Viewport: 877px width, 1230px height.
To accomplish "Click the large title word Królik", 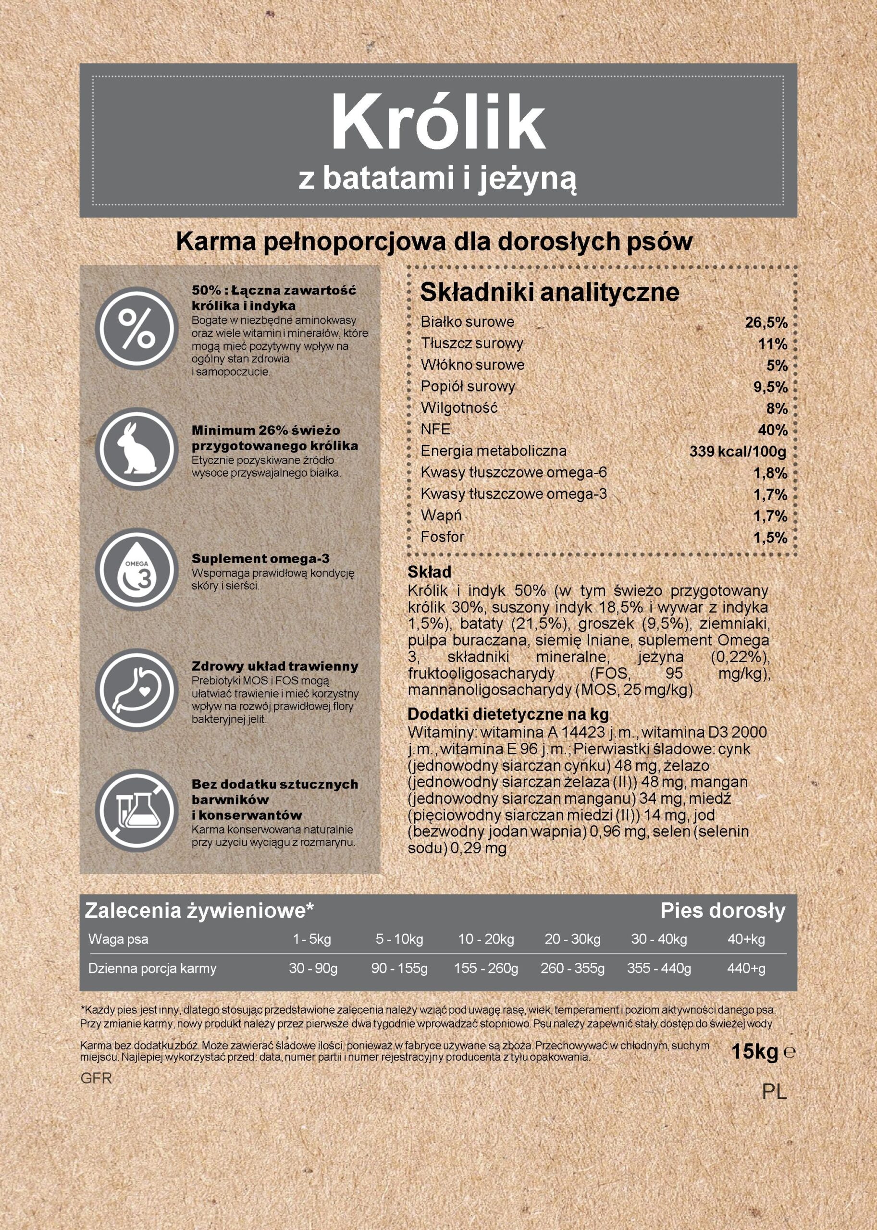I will (x=438, y=123).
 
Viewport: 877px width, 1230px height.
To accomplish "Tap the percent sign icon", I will (x=136, y=328).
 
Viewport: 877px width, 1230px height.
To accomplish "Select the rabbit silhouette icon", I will (x=136, y=449).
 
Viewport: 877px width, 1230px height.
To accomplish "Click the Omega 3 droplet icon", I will (x=136, y=570).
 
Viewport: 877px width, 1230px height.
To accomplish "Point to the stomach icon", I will (x=136, y=690).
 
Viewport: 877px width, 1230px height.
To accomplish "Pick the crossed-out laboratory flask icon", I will (x=136, y=811).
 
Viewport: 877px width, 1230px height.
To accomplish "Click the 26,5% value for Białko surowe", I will (x=766, y=323).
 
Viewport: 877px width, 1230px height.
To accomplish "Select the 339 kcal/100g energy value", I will (x=738, y=451).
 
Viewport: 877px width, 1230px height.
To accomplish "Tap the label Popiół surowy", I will (x=468, y=387).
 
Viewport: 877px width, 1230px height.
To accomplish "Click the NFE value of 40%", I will (x=773, y=430).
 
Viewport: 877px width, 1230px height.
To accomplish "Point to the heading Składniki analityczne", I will (x=549, y=293).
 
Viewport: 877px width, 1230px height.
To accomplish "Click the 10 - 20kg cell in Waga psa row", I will (x=486, y=939).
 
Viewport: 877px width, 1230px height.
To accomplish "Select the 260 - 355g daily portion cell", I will (x=572, y=969).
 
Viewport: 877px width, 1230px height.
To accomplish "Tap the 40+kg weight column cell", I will (x=746, y=939).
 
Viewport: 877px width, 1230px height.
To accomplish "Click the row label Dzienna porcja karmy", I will (x=152, y=969).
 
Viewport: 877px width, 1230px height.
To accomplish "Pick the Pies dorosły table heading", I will (x=723, y=911).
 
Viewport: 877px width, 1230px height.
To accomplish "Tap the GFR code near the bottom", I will (x=96, y=1079).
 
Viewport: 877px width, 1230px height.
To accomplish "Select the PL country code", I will (x=774, y=1092).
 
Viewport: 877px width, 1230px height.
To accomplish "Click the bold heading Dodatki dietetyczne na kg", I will (x=508, y=714).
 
